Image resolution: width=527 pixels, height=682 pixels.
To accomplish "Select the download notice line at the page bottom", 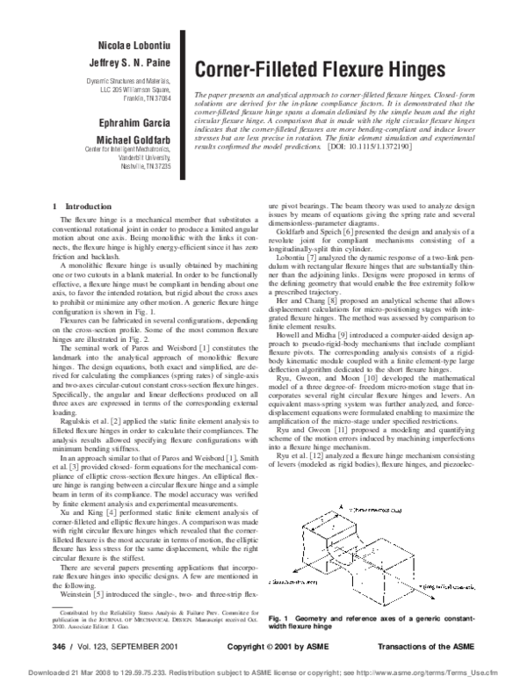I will (x=263, y=672).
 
